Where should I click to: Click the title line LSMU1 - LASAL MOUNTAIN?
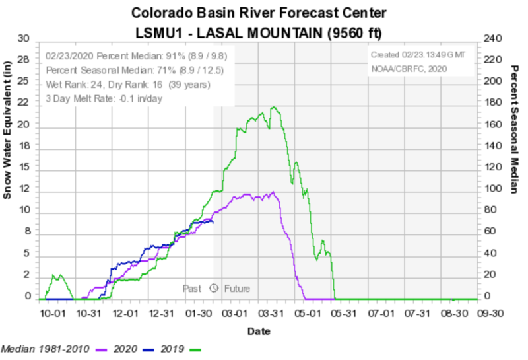pyautogui.click(x=259, y=32)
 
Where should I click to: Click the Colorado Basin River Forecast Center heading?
pyautogui.click(x=259, y=13)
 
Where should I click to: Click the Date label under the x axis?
pyautogui.click(x=259, y=331)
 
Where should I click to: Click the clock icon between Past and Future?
pyautogui.click(x=213, y=288)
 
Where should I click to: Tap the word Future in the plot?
pyautogui.click(x=236, y=289)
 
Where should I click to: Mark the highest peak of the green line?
pyautogui.click(x=273, y=107)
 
